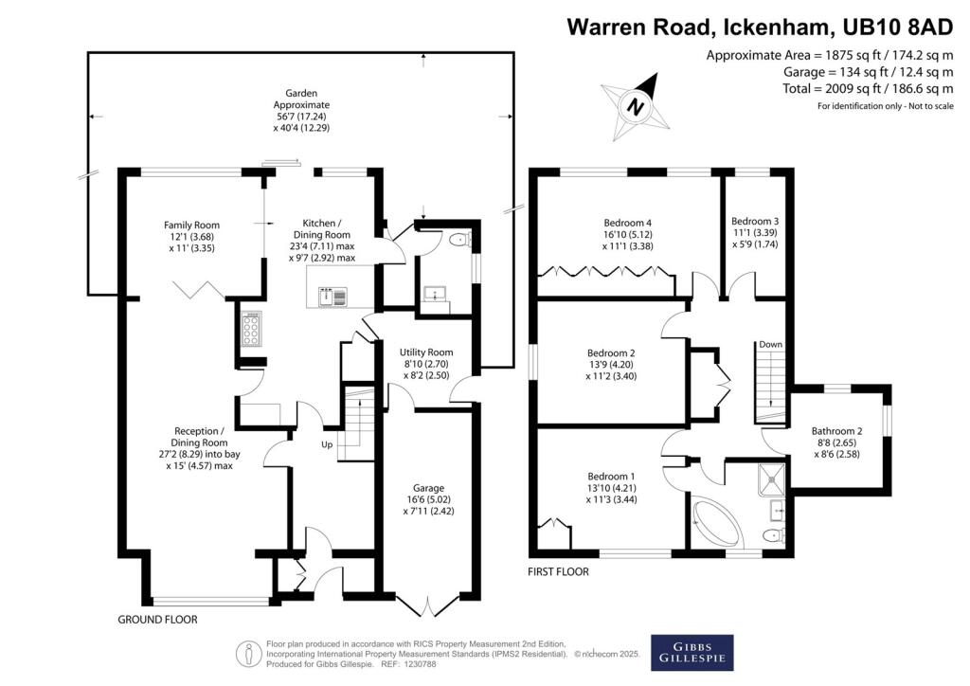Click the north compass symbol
pos(637,105)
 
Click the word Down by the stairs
pos(768,345)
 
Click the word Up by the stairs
pos(328,443)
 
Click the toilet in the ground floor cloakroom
pos(458,239)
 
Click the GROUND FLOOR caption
pos(157,620)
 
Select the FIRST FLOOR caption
pos(558,572)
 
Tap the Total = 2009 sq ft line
pos(867,88)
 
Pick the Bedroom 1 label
pos(612,488)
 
